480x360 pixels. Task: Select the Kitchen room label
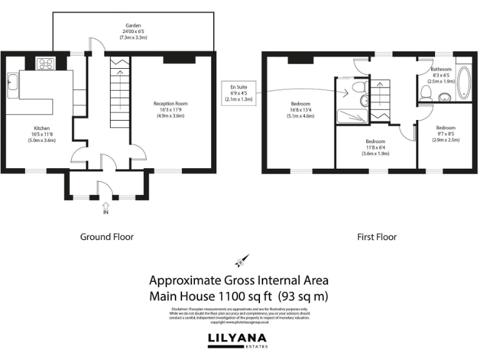42,134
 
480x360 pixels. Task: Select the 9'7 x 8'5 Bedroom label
446,134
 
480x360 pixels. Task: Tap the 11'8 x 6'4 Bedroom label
376,147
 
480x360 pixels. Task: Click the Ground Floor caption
107,237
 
